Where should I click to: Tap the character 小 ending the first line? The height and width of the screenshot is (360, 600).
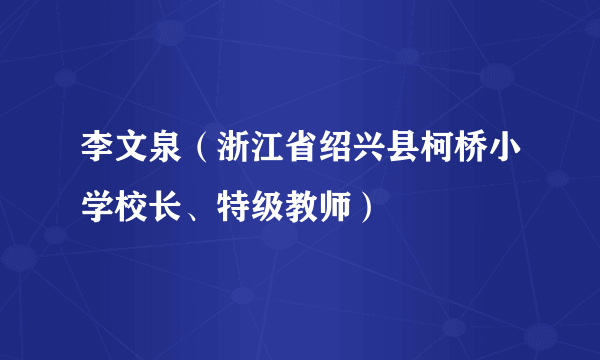point(503,157)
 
